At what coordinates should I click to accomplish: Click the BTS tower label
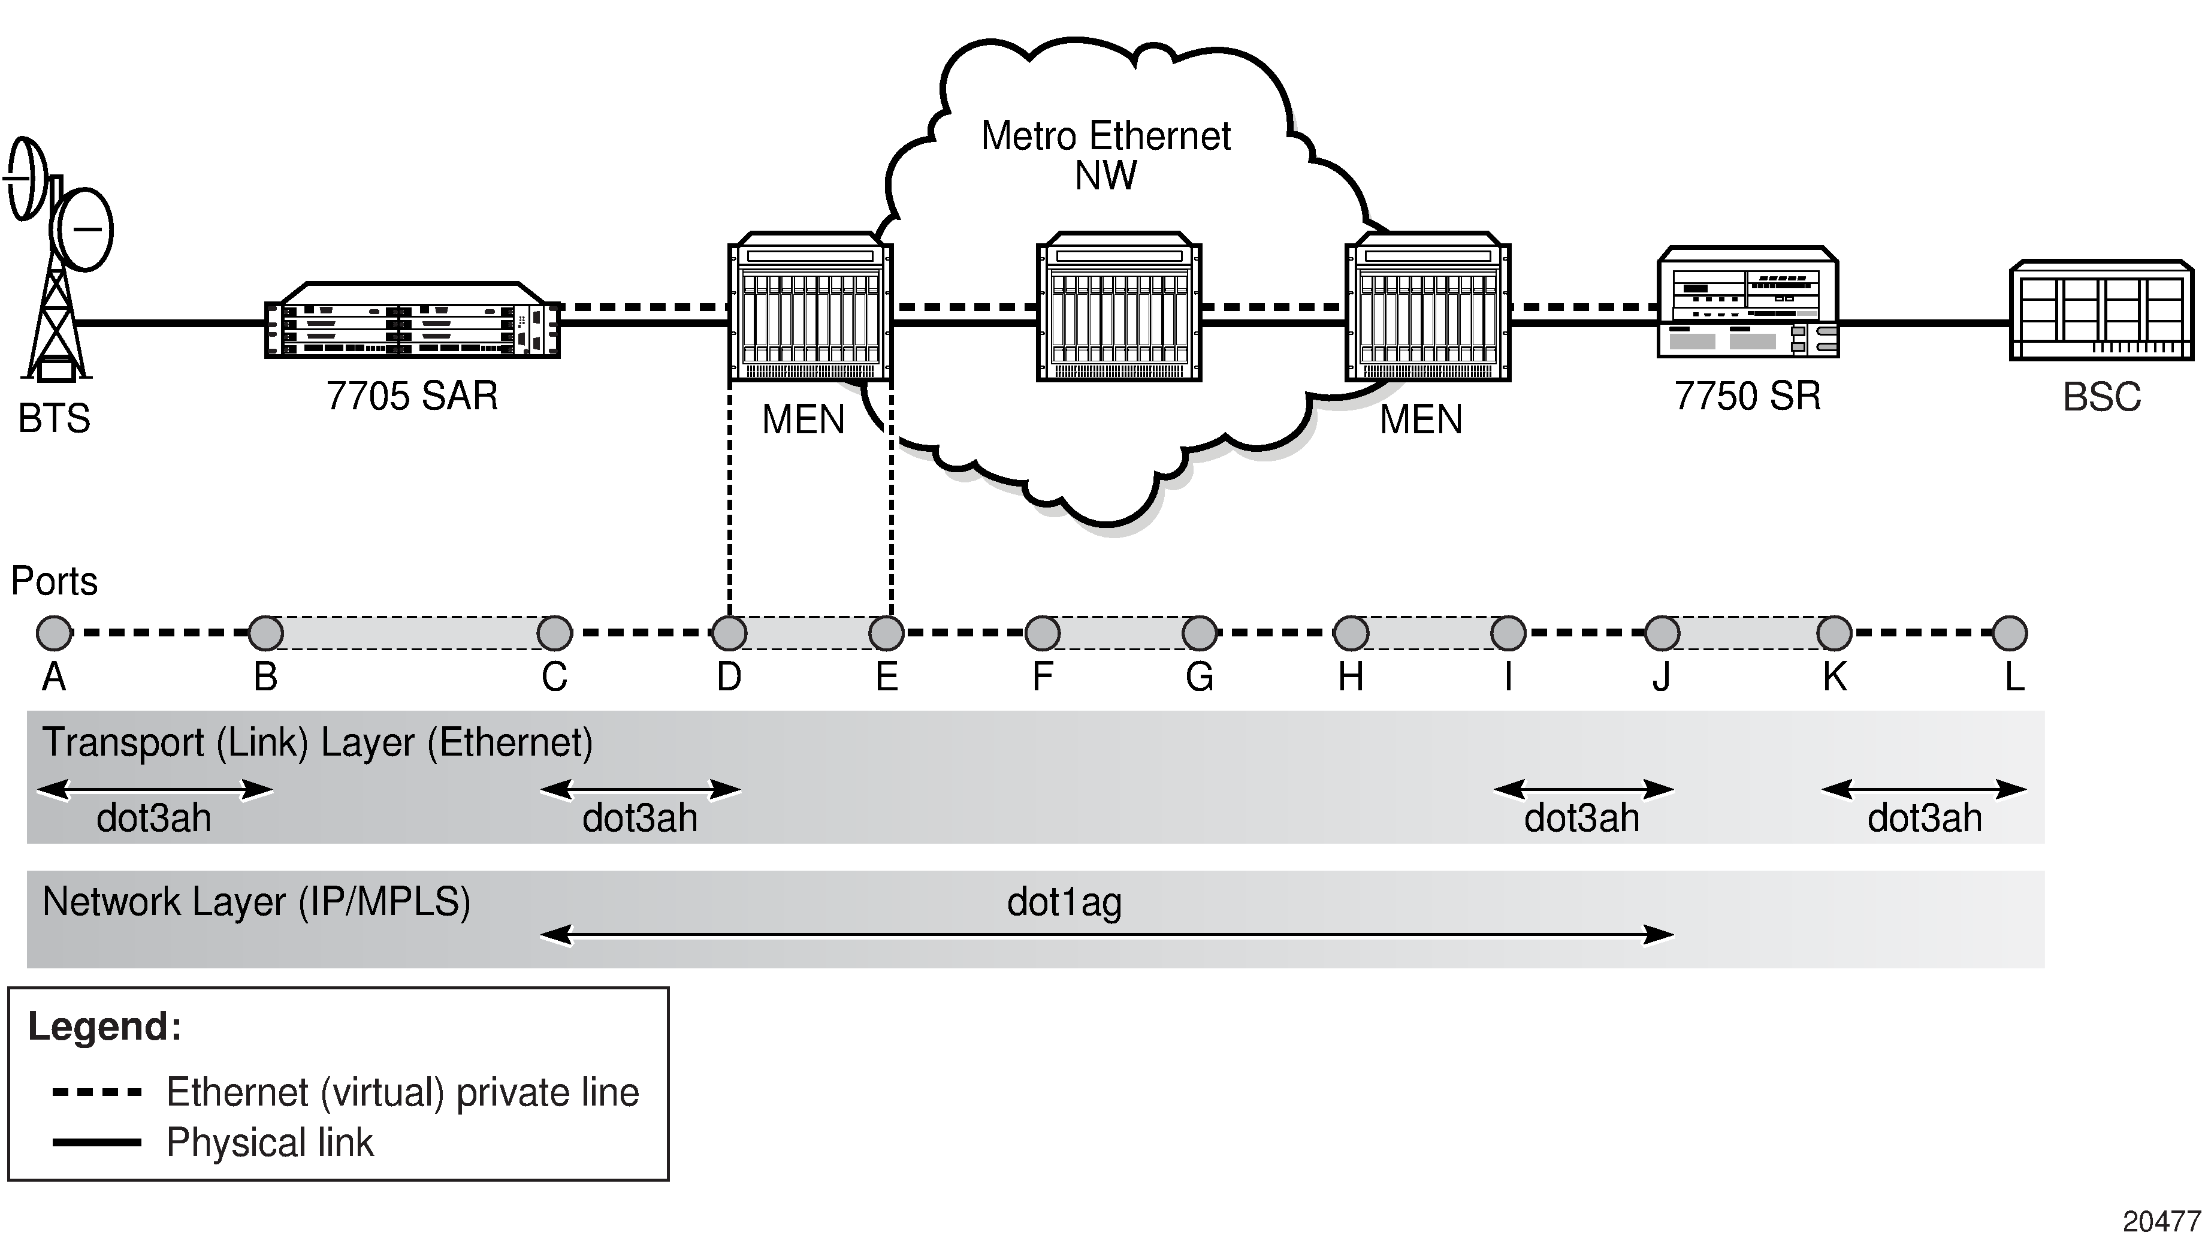point(54,419)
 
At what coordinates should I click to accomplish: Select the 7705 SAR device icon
point(412,321)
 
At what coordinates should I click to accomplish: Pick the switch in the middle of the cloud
point(1118,306)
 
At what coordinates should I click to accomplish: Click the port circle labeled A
point(54,633)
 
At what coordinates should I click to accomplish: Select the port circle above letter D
point(729,633)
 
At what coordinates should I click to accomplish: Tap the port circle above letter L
point(2010,633)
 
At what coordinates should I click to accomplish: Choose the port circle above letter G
point(1200,633)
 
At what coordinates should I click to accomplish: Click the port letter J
point(1661,677)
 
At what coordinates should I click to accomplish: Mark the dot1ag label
point(1064,902)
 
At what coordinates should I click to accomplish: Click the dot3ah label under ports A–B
point(154,818)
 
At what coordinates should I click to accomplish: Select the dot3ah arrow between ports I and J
point(1583,789)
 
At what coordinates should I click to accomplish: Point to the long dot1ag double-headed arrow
point(1107,934)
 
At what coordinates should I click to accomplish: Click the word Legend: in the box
point(104,1026)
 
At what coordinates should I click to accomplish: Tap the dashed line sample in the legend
point(96,1092)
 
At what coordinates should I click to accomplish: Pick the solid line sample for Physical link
point(96,1142)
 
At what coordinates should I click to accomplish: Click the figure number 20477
point(2161,1221)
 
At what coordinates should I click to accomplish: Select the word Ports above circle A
point(54,581)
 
